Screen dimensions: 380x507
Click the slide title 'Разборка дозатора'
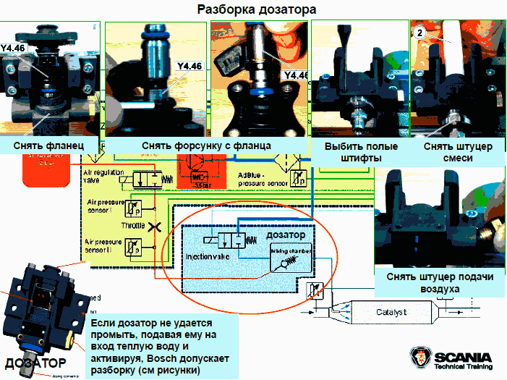tap(256, 10)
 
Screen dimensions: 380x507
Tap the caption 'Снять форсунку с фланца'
tap(205, 145)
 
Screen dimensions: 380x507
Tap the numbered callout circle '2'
tap(419, 33)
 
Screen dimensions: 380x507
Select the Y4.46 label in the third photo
tap(296, 75)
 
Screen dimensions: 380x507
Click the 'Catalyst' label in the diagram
tap(393, 312)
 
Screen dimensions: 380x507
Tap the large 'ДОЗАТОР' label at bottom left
tap(35, 362)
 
